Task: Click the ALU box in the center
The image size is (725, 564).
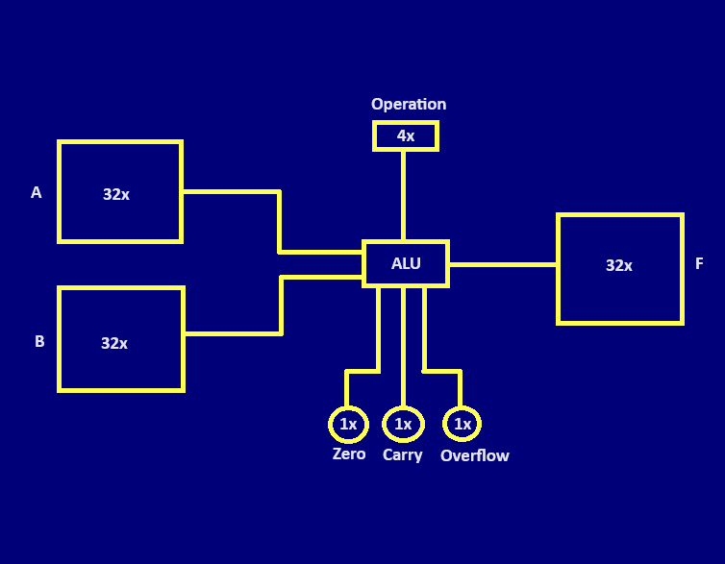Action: click(x=406, y=263)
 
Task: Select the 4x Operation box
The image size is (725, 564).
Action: click(x=406, y=135)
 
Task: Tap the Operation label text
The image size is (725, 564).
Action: click(x=409, y=105)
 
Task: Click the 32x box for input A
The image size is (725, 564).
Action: click(x=120, y=192)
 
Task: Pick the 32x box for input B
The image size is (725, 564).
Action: click(x=120, y=339)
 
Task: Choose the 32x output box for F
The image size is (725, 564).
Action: click(x=620, y=269)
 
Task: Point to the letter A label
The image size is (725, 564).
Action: click(x=37, y=193)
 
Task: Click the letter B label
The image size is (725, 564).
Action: click(x=39, y=341)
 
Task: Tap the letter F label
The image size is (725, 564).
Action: click(x=699, y=264)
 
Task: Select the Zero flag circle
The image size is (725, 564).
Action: click(x=348, y=424)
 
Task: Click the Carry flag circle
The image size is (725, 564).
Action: click(x=403, y=424)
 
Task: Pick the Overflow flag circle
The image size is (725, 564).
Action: click(x=462, y=424)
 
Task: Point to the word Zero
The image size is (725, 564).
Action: click(x=349, y=454)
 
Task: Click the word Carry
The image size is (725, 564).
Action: click(x=402, y=455)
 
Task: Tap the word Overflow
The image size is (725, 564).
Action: click(x=475, y=455)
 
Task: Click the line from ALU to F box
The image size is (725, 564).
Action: click(x=502, y=264)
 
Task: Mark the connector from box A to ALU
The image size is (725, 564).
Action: click(x=279, y=221)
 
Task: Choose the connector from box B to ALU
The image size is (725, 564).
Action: click(x=281, y=306)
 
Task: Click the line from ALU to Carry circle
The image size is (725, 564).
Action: click(x=403, y=346)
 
